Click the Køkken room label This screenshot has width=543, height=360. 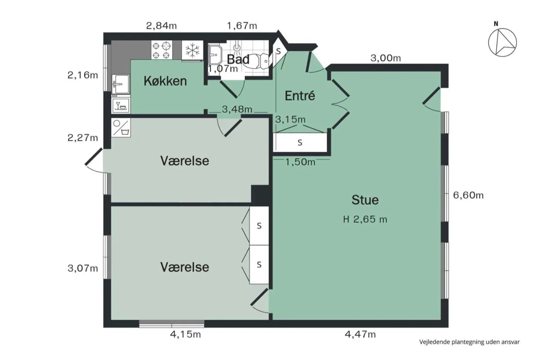[x=165, y=81]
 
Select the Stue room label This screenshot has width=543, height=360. [x=365, y=200]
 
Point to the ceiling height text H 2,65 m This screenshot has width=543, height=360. [x=365, y=219]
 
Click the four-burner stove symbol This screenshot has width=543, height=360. [x=161, y=50]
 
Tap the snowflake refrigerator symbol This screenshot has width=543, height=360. [x=193, y=50]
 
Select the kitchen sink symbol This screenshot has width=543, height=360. [x=120, y=84]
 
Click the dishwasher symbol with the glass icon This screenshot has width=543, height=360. [x=121, y=105]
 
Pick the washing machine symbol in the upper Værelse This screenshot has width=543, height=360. [x=121, y=128]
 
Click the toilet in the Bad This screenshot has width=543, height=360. [x=256, y=61]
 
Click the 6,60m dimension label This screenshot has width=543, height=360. [x=468, y=195]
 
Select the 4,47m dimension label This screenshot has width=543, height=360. [x=360, y=335]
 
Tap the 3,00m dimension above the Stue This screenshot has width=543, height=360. [x=386, y=58]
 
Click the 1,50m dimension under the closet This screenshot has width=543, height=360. [x=300, y=162]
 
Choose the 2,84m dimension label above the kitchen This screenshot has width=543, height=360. [x=161, y=25]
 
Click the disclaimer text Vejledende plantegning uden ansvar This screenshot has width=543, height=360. [x=470, y=342]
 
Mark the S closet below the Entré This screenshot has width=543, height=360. [x=300, y=142]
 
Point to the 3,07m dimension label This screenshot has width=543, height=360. [x=83, y=268]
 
